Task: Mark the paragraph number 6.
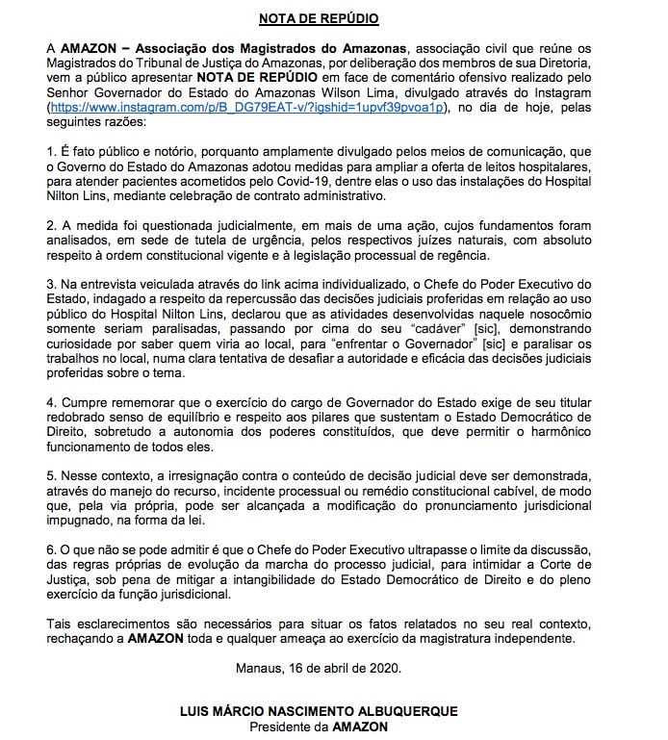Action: pyautogui.click(x=51, y=549)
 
